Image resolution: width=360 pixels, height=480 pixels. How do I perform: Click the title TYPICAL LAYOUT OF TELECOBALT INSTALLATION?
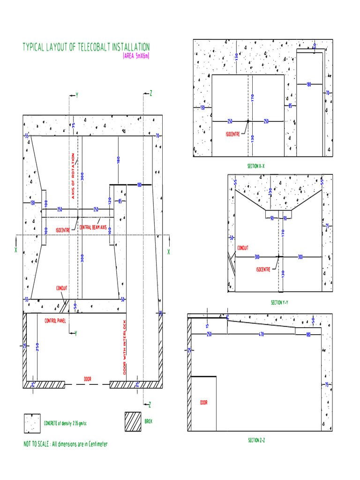[86, 47]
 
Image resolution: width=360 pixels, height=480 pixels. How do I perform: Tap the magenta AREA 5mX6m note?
[136, 57]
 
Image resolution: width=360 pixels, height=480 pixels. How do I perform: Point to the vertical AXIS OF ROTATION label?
[73, 176]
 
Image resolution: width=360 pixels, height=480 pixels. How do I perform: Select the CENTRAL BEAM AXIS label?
[93, 227]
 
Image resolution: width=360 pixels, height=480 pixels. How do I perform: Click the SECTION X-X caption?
[255, 166]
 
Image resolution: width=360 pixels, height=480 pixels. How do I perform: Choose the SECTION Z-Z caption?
[257, 440]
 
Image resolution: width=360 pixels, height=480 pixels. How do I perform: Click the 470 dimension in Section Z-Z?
[261, 334]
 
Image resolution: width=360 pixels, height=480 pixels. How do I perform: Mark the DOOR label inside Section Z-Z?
[204, 403]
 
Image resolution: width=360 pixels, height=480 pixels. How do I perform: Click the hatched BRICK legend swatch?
[133, 422]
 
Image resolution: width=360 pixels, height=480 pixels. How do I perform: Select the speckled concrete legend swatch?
[32, 423]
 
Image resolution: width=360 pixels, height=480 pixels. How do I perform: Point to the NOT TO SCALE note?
[66, 444]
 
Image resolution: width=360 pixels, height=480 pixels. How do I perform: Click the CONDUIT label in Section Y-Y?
[243, 248]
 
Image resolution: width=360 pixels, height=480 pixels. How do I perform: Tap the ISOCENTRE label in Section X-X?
[232, 134]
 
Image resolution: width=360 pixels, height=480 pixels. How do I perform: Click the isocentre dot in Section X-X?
[248, 121]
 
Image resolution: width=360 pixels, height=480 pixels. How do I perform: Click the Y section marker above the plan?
[77, 95]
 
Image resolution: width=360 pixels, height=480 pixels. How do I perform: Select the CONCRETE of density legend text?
[66, 423]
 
